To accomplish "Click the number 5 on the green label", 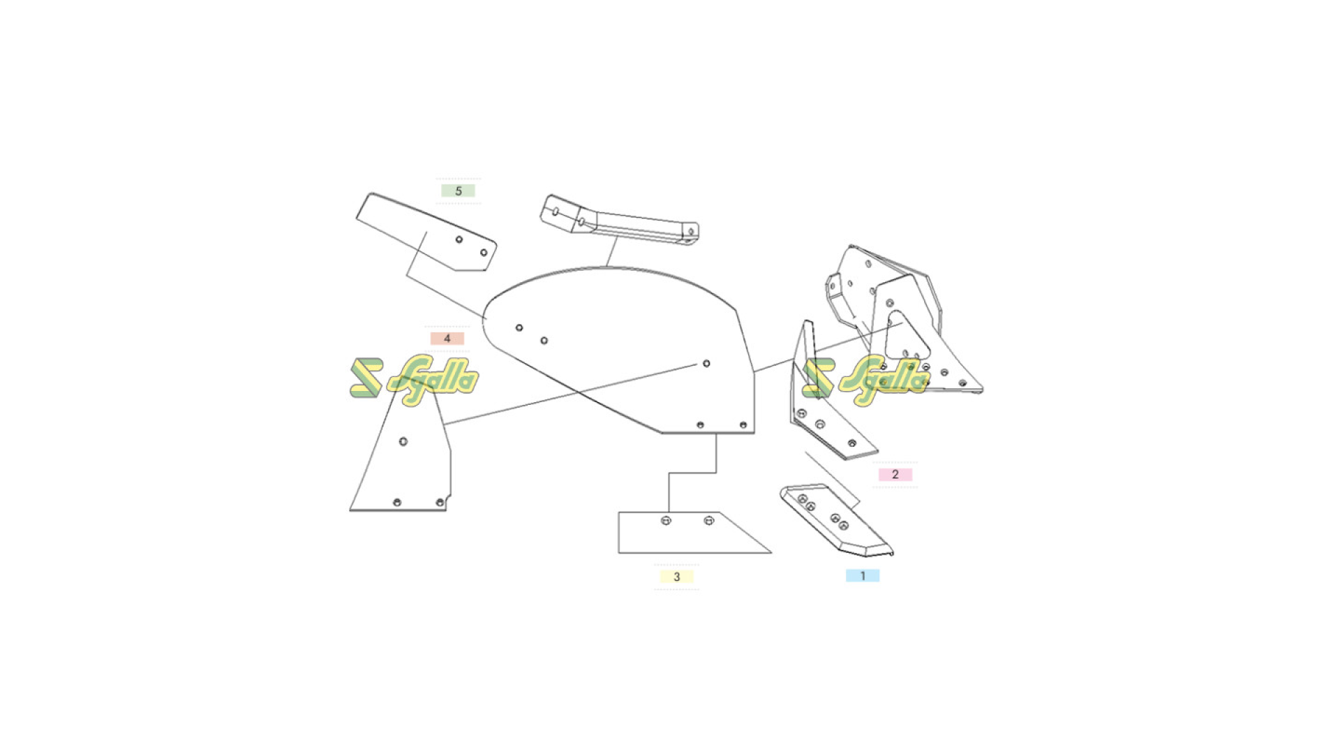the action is (x=459, y=191).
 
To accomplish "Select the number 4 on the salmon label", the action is (x=447, y=339).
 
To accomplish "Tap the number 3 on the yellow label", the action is (x=676, y=577).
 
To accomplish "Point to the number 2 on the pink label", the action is (x=895, y=475).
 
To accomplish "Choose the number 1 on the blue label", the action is (x=863, y=576).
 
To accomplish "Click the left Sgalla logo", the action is (x=415, y=380).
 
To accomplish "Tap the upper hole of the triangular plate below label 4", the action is (x=403, y=441).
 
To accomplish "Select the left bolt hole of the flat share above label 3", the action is (x=666, y=520).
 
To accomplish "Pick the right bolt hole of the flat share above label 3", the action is (x=708, y=520).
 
